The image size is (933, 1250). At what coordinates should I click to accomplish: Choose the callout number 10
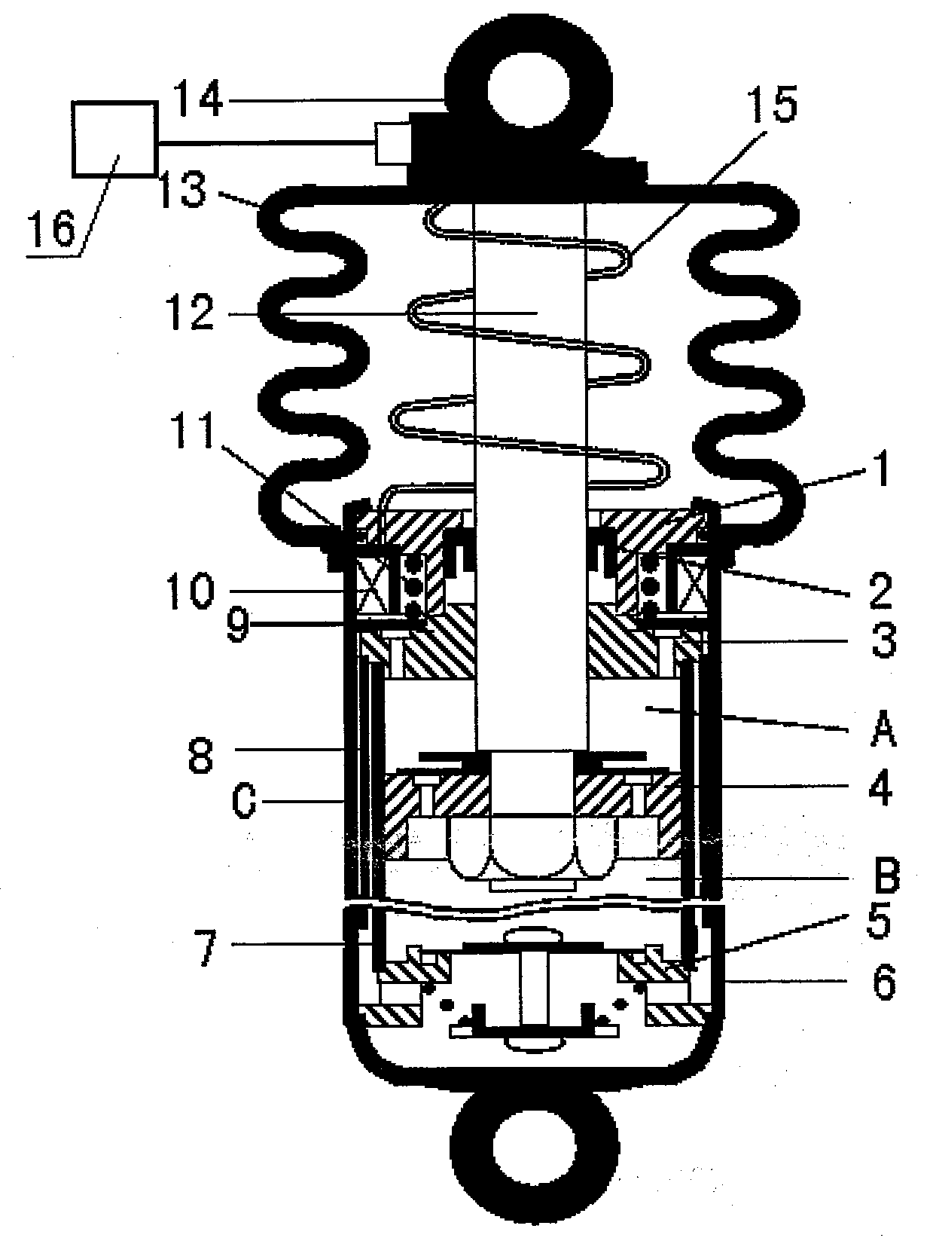coord(191,591)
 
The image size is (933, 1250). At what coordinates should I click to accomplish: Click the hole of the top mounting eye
coord(529,92)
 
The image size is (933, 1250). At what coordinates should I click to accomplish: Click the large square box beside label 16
coord(115,139)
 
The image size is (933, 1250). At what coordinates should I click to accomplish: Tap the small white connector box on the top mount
coord(392,143)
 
